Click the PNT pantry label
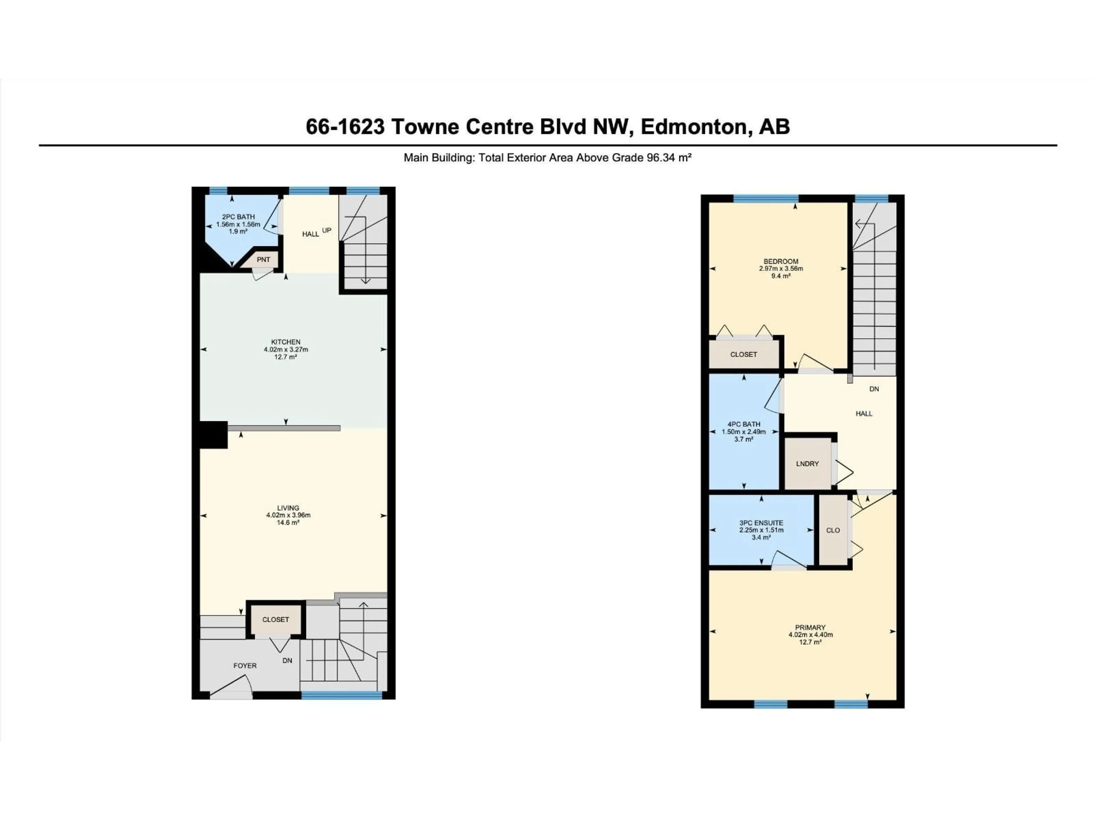[263, 259]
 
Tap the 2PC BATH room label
[238, 216]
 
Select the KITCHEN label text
[285, 342]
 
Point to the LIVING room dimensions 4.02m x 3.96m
[288, 515]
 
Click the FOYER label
[245, 666]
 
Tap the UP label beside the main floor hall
[326, 230]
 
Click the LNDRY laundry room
[808, 464]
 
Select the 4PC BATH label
[744, 424]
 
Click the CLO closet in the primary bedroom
[833, 530]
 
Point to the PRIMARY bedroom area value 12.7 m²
[810, 642]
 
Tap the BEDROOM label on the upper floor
[781, 261]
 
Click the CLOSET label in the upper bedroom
[744, 354]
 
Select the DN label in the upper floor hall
[874, 389]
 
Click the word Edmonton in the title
[693, 127]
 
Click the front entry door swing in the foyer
[232, 688]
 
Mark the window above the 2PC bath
[218, 191]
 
